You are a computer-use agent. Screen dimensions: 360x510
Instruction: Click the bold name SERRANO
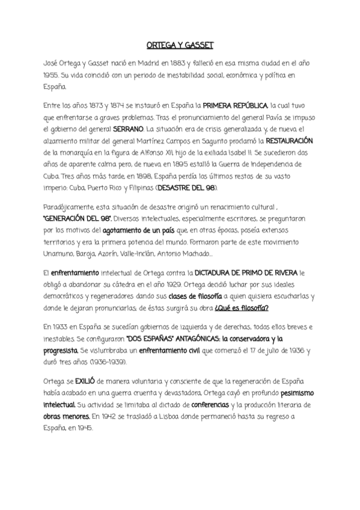click(129, 129)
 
